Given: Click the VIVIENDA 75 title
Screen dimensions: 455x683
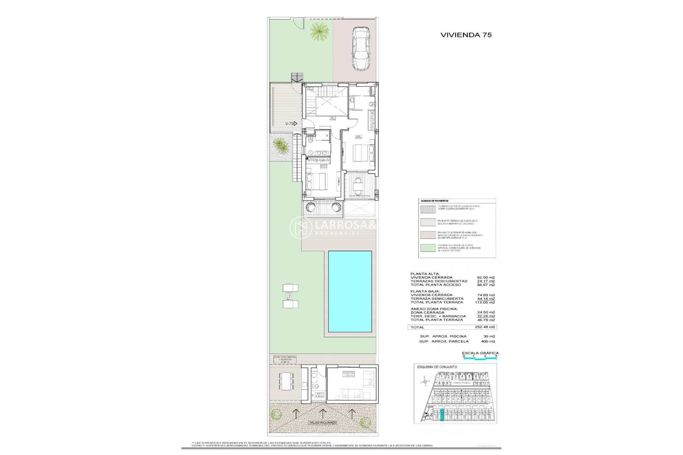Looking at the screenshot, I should click(466, 35).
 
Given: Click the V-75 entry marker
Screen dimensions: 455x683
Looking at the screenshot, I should click(291, 124).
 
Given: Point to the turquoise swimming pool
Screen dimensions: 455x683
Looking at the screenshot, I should click(350, 291).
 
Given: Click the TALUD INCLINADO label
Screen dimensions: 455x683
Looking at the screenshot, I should click(323, 423).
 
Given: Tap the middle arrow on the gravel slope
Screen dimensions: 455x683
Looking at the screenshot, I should click(323, 413).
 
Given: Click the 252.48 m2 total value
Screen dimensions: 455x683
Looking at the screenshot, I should click(485, 327).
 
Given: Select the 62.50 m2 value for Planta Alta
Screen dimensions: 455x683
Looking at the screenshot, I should click(486, 278).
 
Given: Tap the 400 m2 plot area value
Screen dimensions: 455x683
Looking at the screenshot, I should click(488, 341).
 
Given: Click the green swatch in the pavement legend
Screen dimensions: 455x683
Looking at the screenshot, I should click(428, 248).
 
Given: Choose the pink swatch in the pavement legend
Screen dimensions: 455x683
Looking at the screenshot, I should click(428, 235).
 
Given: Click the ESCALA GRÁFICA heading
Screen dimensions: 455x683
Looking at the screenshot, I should click(480, 353).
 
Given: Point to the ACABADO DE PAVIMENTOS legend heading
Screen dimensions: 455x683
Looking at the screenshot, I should click(435, 201).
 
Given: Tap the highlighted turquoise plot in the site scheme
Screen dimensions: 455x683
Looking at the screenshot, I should click(442, 415).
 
